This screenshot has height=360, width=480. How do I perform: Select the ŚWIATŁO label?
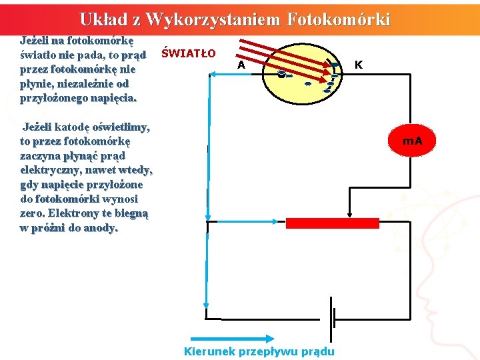pos(189,53)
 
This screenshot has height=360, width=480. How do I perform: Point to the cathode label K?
pos(359,65)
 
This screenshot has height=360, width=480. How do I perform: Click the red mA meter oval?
pos(413,141)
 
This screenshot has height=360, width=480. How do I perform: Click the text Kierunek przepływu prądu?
pos(259,351)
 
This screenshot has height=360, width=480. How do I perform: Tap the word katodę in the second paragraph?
pos(76,127)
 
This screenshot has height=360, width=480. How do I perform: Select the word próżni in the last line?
pos(47,228)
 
